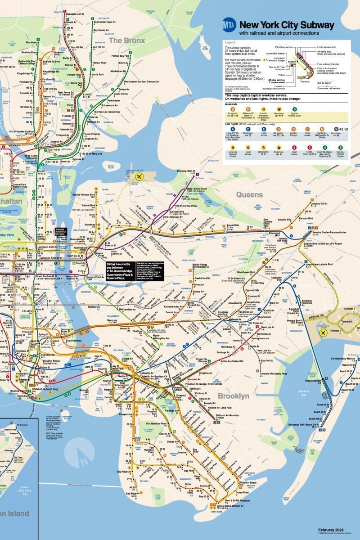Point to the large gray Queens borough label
tap(249, 194)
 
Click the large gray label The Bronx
tap(127, 40)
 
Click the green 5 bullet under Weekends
tap(294, 109)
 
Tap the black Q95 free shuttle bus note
tap(119, 271)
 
